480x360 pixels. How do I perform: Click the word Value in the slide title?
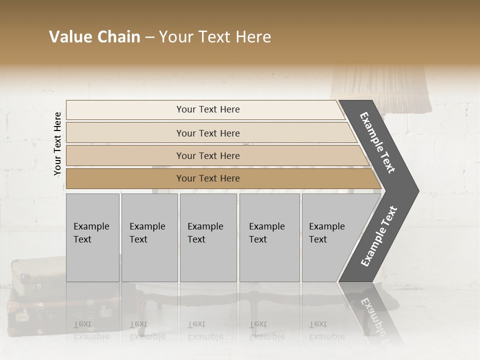pyautogui.click(x=70, y=37)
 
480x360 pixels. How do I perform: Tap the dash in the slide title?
pyautogui.click(x=149, y=37)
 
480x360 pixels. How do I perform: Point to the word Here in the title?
pyautogui.click(x=253, y=37)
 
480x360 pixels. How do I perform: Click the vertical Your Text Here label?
pyautogui.click(x=57, y=143)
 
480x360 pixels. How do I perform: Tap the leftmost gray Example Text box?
pyautogui.click(x=92, y=237)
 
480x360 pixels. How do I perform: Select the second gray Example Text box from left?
pyautogui.click(x=149, y=237)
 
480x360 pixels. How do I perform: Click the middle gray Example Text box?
pyautogui.click(x=208, y=237)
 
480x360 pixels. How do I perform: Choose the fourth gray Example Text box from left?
pyautogui.click(x=269, y=237)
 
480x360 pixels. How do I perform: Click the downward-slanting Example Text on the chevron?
pyautogui.click(x=377, y=142)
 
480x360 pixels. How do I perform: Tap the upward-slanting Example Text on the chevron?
pyautogui.click(x=378, y=236)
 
